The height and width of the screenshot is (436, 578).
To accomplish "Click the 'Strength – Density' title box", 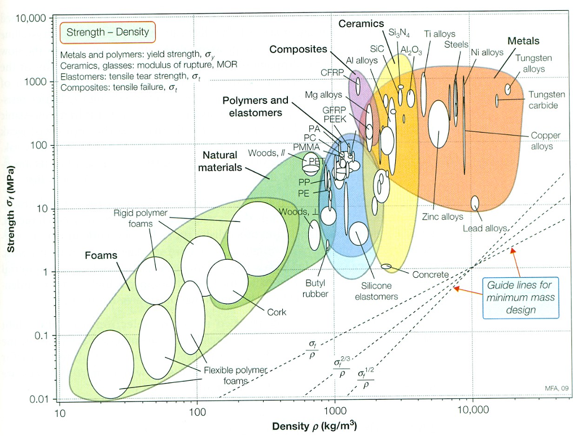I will (107, 32).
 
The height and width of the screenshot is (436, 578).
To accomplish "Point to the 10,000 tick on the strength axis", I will (32, 19).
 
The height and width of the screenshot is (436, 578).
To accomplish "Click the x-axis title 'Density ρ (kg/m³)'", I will (314, 425).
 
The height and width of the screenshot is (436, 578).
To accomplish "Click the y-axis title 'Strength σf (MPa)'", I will (10, 208).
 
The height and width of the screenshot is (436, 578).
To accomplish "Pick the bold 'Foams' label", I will (101, 255).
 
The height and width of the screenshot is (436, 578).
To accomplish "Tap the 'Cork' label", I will (277, 312).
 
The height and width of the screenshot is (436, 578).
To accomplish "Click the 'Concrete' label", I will (430, 274).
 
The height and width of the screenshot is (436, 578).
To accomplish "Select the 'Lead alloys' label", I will (485, 228).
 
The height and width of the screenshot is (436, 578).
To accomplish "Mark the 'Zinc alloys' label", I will (441, 216).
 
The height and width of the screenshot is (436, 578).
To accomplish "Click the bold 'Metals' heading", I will (523, 41).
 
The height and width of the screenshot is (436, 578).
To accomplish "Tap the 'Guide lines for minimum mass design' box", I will (520, 297).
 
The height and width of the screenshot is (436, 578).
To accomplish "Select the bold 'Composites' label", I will (298, 49).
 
